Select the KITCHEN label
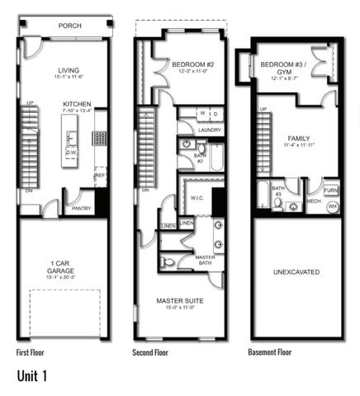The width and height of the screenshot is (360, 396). (x=76, y=105)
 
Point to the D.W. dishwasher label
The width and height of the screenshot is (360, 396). (x=73, y=152)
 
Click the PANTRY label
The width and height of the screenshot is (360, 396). (x=81, y=208)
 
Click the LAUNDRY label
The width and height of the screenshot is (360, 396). (x=209, y=130)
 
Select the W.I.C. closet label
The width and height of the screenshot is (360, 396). (x=196, y=196)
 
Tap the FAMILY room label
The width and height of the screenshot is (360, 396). (x=299, y=139)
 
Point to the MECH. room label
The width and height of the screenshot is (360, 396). (x=314, y=200)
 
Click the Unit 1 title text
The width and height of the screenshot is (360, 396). (x=33, y=376)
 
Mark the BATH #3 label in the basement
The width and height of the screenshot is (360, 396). (x=278, y=191)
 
